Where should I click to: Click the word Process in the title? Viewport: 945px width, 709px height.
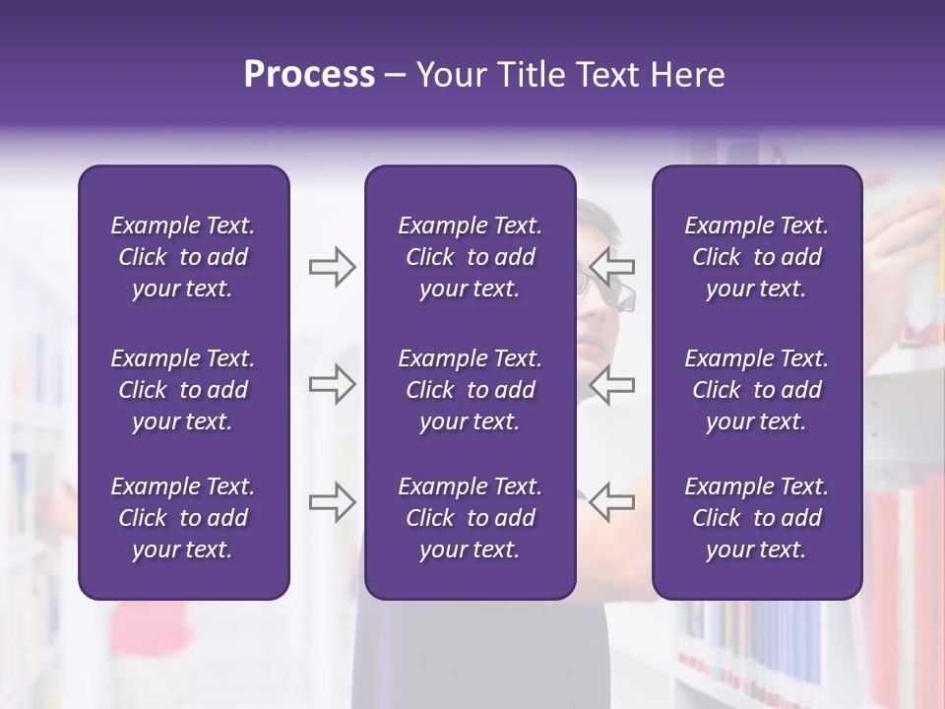point(309,75)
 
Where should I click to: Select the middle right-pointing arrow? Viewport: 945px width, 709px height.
point(333,384)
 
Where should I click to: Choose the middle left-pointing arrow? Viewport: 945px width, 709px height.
point(612,384)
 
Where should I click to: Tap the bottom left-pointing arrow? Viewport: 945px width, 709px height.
point(612,501)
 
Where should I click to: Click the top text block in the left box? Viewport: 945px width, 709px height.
point(183,257)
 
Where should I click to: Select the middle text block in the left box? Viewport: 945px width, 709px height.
point(183,390)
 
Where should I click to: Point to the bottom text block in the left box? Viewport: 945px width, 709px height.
point(183,518)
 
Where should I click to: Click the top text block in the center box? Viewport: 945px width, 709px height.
point(471,257)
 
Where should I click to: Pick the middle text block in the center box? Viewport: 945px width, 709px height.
point(471,390)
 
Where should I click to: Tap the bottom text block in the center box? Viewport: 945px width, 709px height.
point(471,518)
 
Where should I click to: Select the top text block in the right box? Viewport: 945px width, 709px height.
point(757,257)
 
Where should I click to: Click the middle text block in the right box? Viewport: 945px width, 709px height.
point(757,390)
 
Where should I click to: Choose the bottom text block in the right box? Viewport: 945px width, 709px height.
point(757,518)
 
